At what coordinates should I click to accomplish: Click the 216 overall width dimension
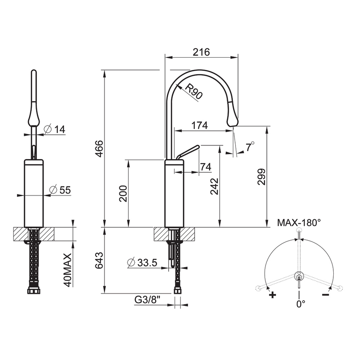[202, 52]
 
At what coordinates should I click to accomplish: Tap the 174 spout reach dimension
[199, 125]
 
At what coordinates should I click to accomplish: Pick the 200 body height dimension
[123, 194]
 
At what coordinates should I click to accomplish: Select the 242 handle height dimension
[214, 186]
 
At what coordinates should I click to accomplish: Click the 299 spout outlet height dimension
[261, 177]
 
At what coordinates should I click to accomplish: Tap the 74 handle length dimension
[205, 167]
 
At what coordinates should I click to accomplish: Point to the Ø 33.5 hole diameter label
[142, 263]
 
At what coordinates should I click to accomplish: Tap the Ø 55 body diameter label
[59, 190]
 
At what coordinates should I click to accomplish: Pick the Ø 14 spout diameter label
[55, 129]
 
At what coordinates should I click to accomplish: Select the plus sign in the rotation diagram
[272, 295]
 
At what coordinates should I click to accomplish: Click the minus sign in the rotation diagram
[326, 295]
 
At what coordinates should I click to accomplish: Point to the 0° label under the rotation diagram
[300, 304]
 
